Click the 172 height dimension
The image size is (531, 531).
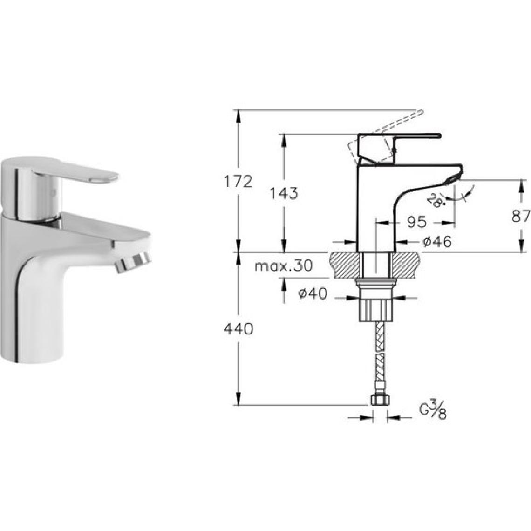pos(239,182)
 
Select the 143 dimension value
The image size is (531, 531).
pos(284,193)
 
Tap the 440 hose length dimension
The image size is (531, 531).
pos(238,328)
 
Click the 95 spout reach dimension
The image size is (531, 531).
pos(416,222)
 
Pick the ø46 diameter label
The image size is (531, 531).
pos(437,242)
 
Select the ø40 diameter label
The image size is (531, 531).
pos(313,293)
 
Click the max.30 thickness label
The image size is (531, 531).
pos(283,266)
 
